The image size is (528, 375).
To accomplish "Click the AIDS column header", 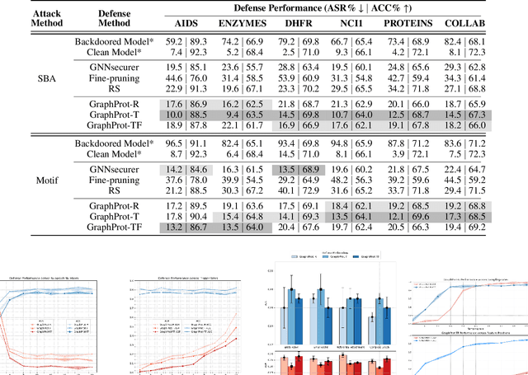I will tap(185, 24).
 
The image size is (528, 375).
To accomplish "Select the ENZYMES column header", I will tap(242, 24).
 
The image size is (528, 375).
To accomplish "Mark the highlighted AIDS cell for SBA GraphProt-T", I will tap(185, 115).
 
